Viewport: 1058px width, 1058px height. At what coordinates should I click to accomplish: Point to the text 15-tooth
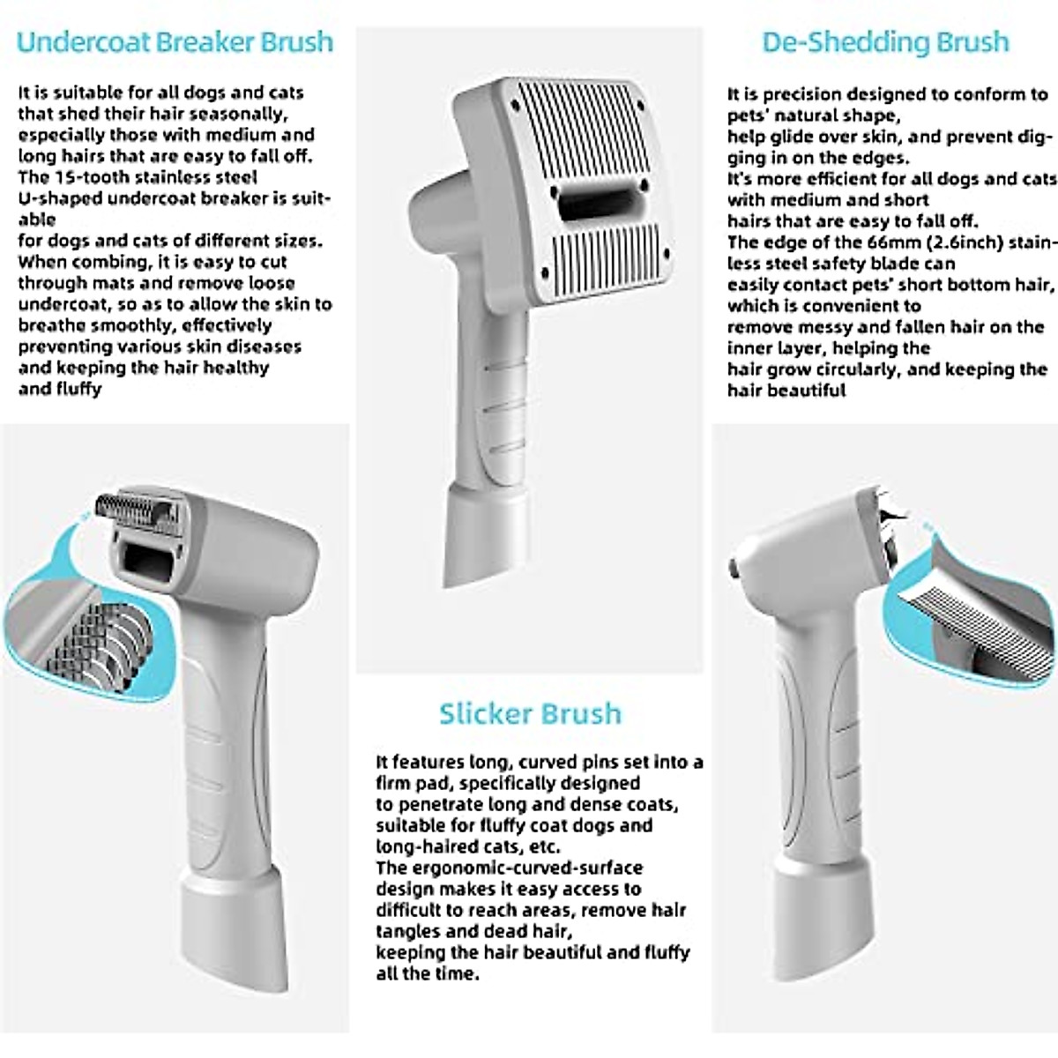(x=98, y=177)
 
